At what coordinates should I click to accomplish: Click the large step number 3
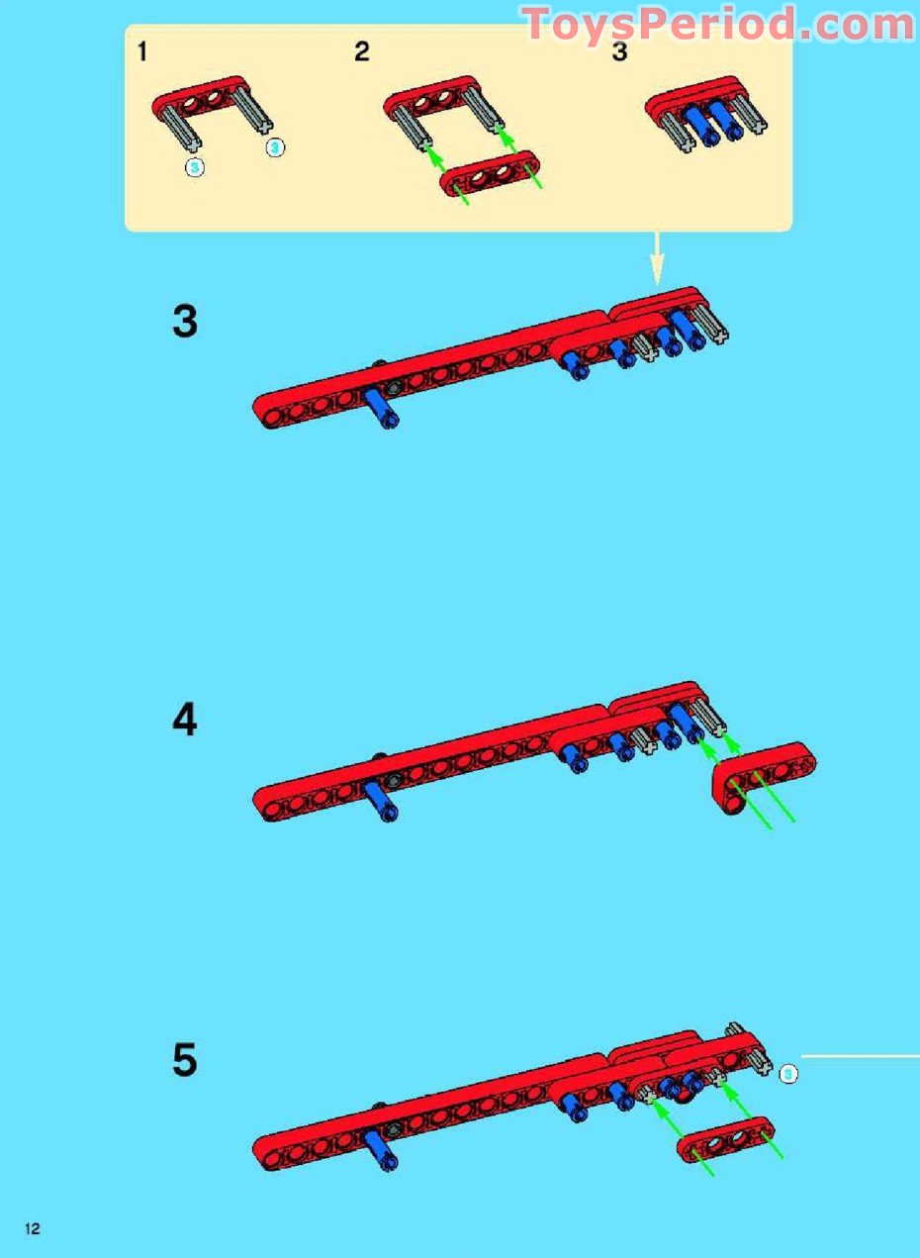click(185, 323)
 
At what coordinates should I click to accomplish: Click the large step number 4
click(185, 721)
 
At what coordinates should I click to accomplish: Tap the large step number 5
click(185, 1061)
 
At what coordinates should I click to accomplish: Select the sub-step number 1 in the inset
click(142, 52)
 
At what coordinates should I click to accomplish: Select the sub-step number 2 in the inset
click(361, 52)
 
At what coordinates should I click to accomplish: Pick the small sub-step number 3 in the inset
click(619, 52)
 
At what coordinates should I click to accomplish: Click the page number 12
click(33, 1229)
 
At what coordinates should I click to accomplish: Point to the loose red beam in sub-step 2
click(492, 175)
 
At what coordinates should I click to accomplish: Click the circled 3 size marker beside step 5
click(787, 1072)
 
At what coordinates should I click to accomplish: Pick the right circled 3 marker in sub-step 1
click(275, 147)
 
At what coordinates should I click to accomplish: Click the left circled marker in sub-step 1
click(195, 167)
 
